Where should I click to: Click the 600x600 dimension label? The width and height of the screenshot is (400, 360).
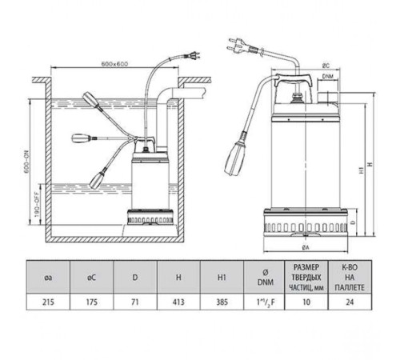(x=114, y=64)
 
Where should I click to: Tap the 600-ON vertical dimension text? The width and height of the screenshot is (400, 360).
(x=26, y=162)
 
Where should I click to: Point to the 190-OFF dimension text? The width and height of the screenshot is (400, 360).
(x=37, y=204)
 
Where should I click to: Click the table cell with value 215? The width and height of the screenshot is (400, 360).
(x=48, y=302)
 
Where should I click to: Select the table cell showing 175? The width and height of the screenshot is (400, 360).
(x=92, y=302)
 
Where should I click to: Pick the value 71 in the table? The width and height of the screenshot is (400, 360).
(x=135, y=302)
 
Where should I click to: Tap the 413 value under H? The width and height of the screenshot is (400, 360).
(x=178, y=302)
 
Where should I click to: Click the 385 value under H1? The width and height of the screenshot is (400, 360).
(x=222, y=302)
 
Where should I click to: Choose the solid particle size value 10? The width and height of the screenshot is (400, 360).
(x=306, y=302)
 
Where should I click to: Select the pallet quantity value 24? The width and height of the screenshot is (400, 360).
(x=350, y=302)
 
